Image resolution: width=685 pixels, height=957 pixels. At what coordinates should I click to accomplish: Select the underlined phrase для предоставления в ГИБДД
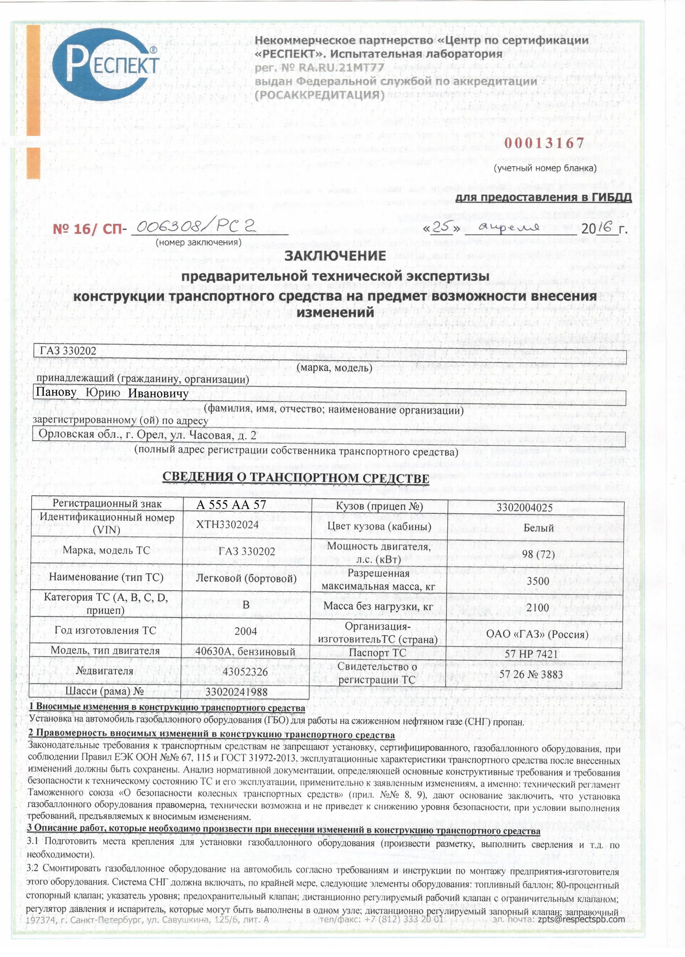pyautogui.click(x=543, y=197)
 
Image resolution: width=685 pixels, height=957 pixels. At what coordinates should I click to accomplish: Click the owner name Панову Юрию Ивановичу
pyautogui.click(x=112, y=393)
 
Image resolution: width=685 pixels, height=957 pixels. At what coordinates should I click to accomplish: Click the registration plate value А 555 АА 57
pyautogui.click(x=231, y=505)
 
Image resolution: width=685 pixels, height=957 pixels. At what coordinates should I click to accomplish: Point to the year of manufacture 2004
pyautogui.click(x=245, y=631)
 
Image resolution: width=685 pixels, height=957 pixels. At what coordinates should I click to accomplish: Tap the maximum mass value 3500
pyautogui.click(x=538, y=581)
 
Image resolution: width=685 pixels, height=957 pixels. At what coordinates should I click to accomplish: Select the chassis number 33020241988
pyautogui.click(x=236, y=691)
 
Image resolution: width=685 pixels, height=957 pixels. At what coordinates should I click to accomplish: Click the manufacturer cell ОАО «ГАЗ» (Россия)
pyautogui.click(x=537, y=634)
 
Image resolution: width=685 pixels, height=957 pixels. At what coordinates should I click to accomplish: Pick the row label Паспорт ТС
pyautogui.click(x=378, y=653)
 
